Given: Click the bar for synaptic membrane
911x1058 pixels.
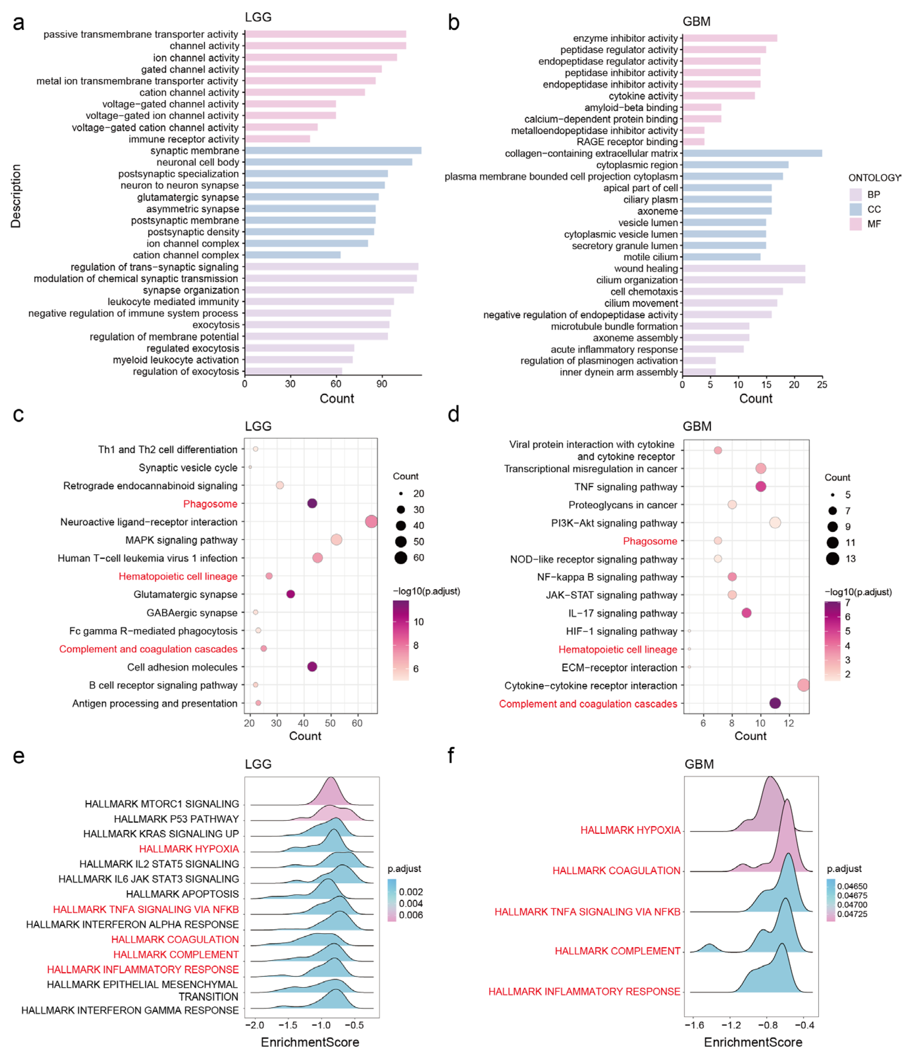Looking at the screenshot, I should click(333, 151).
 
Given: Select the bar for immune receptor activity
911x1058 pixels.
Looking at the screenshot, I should click(277, 139).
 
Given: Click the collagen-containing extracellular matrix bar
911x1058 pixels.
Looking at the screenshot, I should click(752, 153).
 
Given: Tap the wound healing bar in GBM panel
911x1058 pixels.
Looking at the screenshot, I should click(744, 269).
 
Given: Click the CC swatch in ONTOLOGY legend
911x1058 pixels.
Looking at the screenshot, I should click(855, 209).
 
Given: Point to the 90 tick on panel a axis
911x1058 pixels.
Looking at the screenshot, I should click(381, 384).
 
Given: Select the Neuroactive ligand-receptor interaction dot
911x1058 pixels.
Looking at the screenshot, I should click(371, 521).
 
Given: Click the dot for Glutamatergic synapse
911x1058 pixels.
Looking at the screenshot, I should click(291, 594).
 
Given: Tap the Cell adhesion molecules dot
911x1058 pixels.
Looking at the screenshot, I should click(312, 666).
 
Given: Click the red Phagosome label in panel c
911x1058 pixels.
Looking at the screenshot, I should click(210, 504).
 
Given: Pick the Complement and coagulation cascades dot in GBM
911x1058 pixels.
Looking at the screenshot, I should click(775, 703).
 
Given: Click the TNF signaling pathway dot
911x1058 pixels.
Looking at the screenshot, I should click(760, 487).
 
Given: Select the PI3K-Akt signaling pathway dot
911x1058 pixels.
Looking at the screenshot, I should click(775, 522).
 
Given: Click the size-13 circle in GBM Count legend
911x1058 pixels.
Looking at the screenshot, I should click(832, 558).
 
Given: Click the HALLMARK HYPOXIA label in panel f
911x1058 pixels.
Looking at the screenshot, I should click(630, 830).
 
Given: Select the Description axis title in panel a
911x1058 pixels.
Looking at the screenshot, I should click(16, 196).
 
